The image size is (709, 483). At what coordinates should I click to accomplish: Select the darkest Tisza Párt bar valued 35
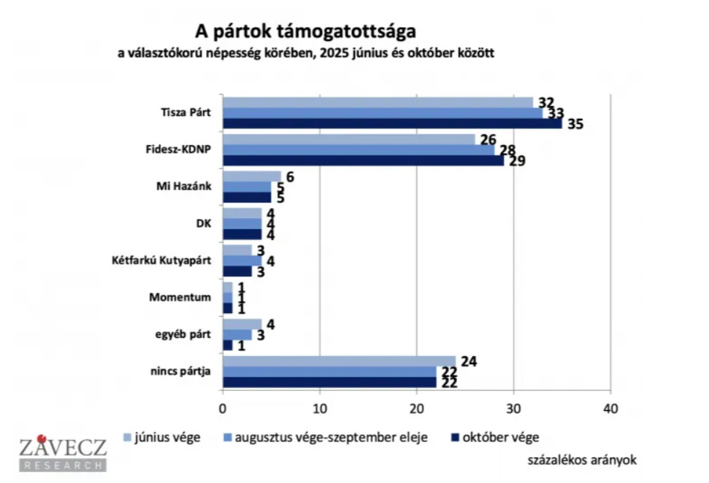[x=392, y=123]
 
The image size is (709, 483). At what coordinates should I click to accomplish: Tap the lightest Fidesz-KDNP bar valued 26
[x=348, y=139]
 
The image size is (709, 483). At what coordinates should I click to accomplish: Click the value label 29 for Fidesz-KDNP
[x=517, y=161]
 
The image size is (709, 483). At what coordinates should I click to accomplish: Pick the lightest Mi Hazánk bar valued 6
[x=251, y=176]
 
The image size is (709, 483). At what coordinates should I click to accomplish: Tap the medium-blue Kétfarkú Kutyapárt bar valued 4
[x=242, y=260]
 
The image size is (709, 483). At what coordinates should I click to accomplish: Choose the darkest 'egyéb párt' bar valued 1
[x=227, y=344]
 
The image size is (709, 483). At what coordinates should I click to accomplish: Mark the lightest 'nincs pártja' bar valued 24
[x=339, y=360]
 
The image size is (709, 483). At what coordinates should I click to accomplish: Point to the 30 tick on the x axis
[x=513, y=408]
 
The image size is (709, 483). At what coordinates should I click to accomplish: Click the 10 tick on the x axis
[x=319, y=408]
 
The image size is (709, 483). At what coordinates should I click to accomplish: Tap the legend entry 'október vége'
[x=501, y=438]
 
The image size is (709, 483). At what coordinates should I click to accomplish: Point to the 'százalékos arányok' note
[x=582, y=460]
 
